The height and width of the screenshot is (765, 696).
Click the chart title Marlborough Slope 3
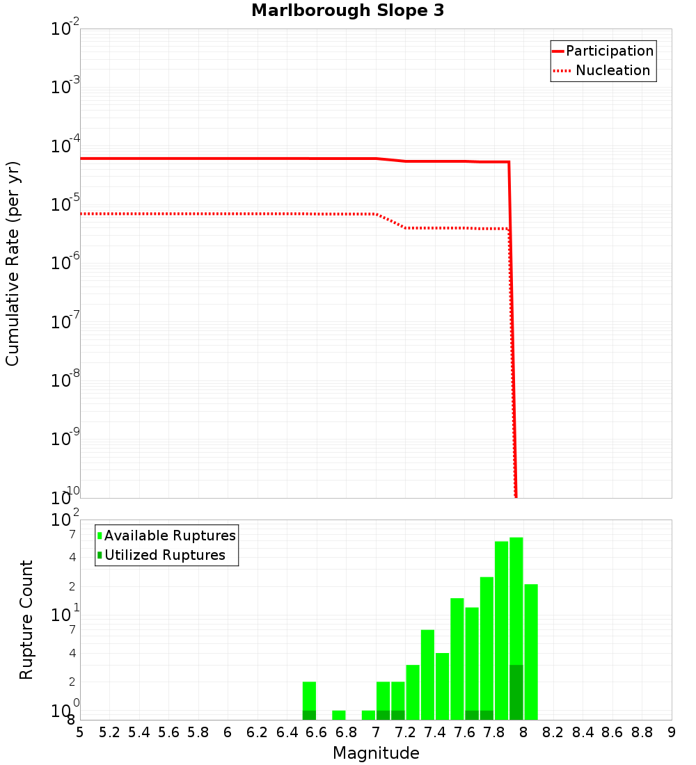(347, 10)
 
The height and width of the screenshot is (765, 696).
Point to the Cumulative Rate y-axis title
(13, 263)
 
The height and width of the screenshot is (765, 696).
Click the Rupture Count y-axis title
(26, 620)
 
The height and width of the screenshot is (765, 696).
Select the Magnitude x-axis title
(376, 753)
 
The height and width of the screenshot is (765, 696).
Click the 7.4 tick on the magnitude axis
(435, 732)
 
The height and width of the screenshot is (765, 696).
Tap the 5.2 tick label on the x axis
(109, 732)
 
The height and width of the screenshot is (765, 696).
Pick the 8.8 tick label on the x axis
(642, 732)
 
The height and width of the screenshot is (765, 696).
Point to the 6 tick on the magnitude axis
(228, 732)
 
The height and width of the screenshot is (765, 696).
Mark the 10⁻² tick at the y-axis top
(65, 29)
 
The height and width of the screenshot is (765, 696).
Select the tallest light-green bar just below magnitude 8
(516, 626)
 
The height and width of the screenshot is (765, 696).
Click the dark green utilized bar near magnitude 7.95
(516, 692)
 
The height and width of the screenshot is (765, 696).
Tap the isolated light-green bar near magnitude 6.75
(339, 715)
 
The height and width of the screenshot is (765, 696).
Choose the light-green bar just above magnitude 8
(531, 650)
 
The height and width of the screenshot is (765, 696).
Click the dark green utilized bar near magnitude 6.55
(309, 715)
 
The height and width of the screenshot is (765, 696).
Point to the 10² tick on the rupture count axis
(65, 520)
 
